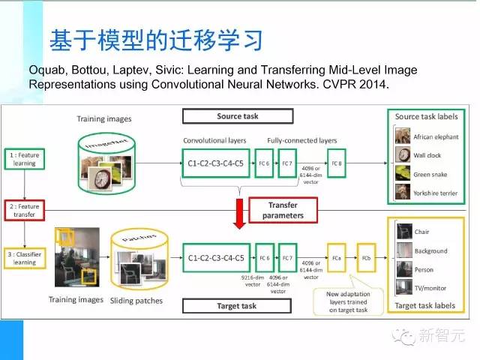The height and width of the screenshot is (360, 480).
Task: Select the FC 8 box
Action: pyautogui.click(x=337, y=161)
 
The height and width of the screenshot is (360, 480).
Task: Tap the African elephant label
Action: pyautogui.click(x=435, y=137)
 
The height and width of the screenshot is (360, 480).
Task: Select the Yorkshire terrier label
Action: pyautogui.click(x=436, y=193)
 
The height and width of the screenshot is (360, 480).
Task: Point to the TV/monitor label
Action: pyautogui.click(x=431, y=289)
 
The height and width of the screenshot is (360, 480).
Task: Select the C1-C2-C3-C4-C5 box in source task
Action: pyautogui.click(x=216, y=161)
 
